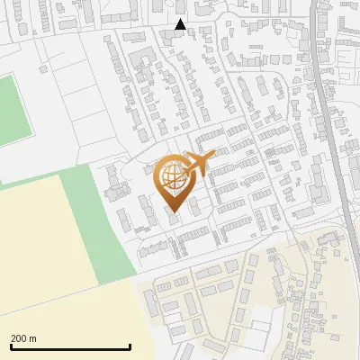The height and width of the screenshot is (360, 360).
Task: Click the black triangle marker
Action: click(x=180, y=24)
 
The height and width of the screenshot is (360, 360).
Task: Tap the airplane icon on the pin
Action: click(x=199, y=162)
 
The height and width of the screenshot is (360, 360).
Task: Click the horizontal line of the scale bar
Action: click(x=70, y=346)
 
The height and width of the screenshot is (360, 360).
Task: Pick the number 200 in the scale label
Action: click(x=19, y=338)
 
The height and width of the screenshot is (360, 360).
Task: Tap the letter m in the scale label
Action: click(x=32, y=338)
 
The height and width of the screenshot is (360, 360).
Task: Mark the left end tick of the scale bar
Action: click(x=10, y=346)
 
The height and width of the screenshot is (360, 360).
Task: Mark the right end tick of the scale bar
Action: click(x=130, y=346)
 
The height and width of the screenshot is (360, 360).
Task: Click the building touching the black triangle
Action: click(x=169, y=36)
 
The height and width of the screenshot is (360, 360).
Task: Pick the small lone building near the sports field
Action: click(x=42, y=68)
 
